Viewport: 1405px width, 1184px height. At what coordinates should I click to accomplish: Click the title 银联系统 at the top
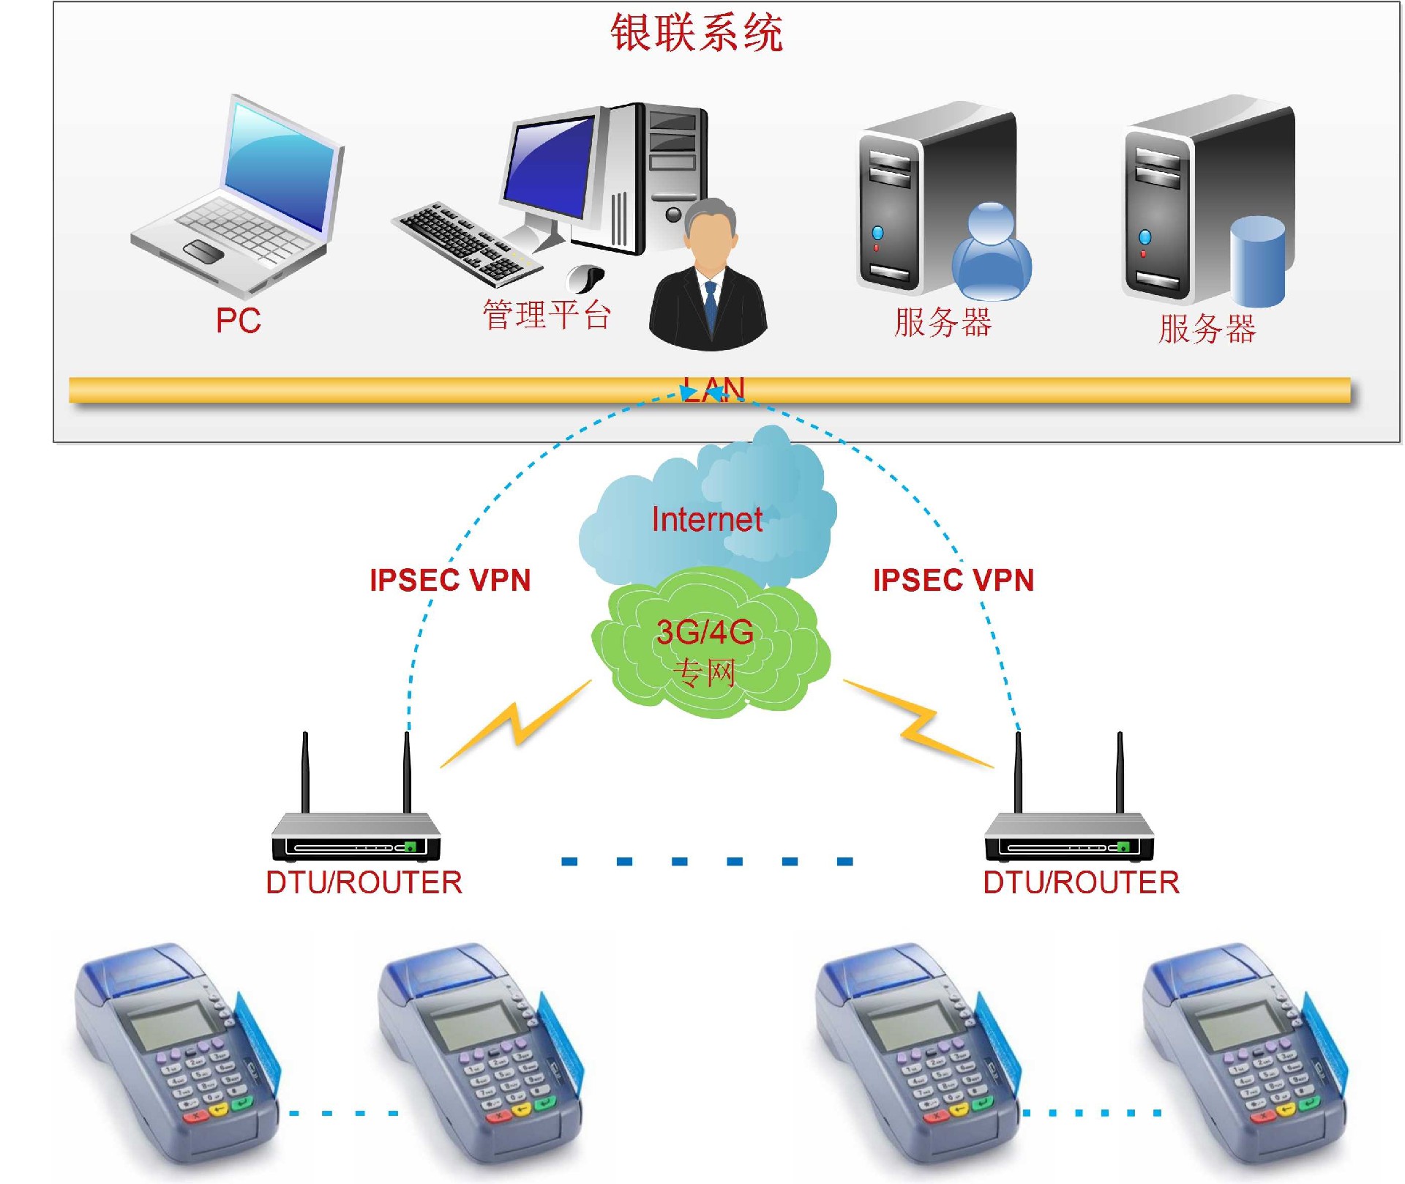click(696, 33)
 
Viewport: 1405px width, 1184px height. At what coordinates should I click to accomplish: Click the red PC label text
click(238, 321)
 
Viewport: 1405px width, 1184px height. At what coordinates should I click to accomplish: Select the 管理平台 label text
click(546, 315)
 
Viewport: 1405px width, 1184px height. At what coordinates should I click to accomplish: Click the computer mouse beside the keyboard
click(586, 277)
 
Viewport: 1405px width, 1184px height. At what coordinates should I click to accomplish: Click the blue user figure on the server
click(992, 253)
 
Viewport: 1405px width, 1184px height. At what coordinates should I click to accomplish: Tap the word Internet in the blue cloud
click(707, 520)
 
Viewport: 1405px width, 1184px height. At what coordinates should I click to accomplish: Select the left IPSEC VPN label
click(450, 581)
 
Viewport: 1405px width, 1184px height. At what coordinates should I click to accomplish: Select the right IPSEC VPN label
click(953, 581)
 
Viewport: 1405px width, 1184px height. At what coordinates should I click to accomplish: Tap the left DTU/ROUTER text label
click(364, 882)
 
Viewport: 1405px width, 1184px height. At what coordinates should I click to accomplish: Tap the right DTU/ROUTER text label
click(1081, 882)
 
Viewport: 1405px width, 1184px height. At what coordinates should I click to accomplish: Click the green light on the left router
click(411, 847)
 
